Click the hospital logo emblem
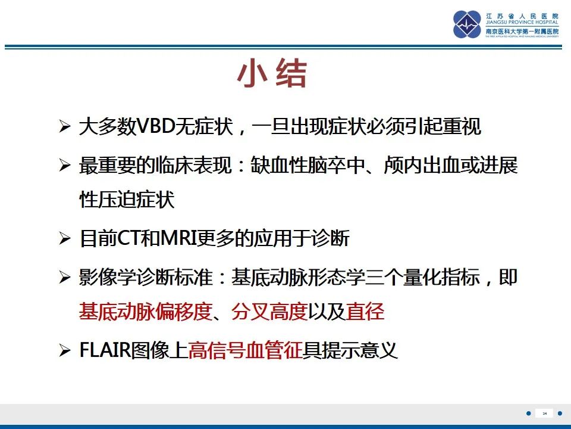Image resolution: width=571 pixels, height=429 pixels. click(x=467, y=24)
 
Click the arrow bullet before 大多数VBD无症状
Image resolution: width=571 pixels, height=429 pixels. click(x=65, y=128)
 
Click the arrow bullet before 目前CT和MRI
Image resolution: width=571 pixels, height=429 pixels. click(x=65, y=240)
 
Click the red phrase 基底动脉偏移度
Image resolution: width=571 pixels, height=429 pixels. click(x=146, y=312)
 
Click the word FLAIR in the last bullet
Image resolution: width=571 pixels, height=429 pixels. click(x=105, y=350)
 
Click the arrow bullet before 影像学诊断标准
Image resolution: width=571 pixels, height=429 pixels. click(x=65, y=278)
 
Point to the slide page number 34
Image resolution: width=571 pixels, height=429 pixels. click(x=544, y=413)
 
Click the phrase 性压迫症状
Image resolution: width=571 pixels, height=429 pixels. click(x=127, y=200)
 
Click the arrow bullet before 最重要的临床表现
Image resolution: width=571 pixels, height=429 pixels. click(x=65, y=166)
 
